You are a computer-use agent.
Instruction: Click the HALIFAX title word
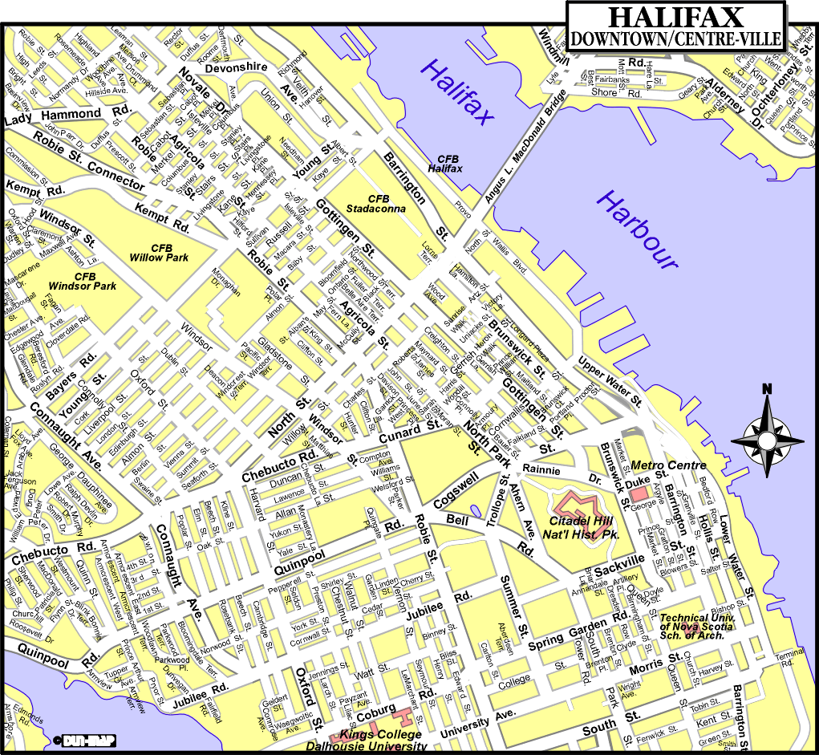point(675,17)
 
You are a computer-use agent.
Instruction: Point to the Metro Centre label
point(669,465)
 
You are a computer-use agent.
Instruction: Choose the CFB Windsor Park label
point(83,281)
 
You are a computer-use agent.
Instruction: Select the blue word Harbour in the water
point(637,229)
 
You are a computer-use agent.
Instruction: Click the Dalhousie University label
point(365,746)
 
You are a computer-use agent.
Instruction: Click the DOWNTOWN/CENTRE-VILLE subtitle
point(675,38)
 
